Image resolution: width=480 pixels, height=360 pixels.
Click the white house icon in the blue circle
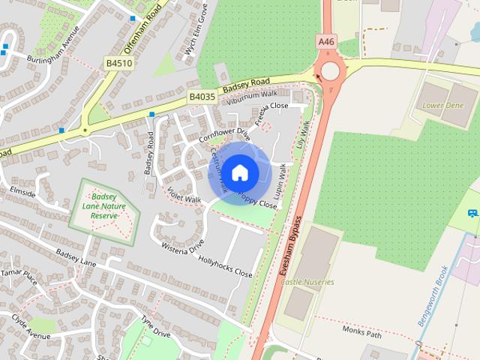pyautogui.click(x=240, y=173)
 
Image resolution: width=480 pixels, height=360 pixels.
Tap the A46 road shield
pyautogui.click(x=326, y=43)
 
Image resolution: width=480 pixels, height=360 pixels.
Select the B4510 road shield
pyautogui.click(x=118, y=63)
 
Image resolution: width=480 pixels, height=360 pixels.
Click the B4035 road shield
pyautogui.click(x=202, y=97)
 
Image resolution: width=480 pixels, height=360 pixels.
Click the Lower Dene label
pyautogui.click(x=443, y=106)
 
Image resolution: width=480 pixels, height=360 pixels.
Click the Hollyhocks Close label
pyautogui.click(x=225, y=268)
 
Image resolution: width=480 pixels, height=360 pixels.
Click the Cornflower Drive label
pyautogui.click(x=223, y=135)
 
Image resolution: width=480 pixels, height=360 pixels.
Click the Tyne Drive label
pyautogui.click(x=156, y=328)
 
